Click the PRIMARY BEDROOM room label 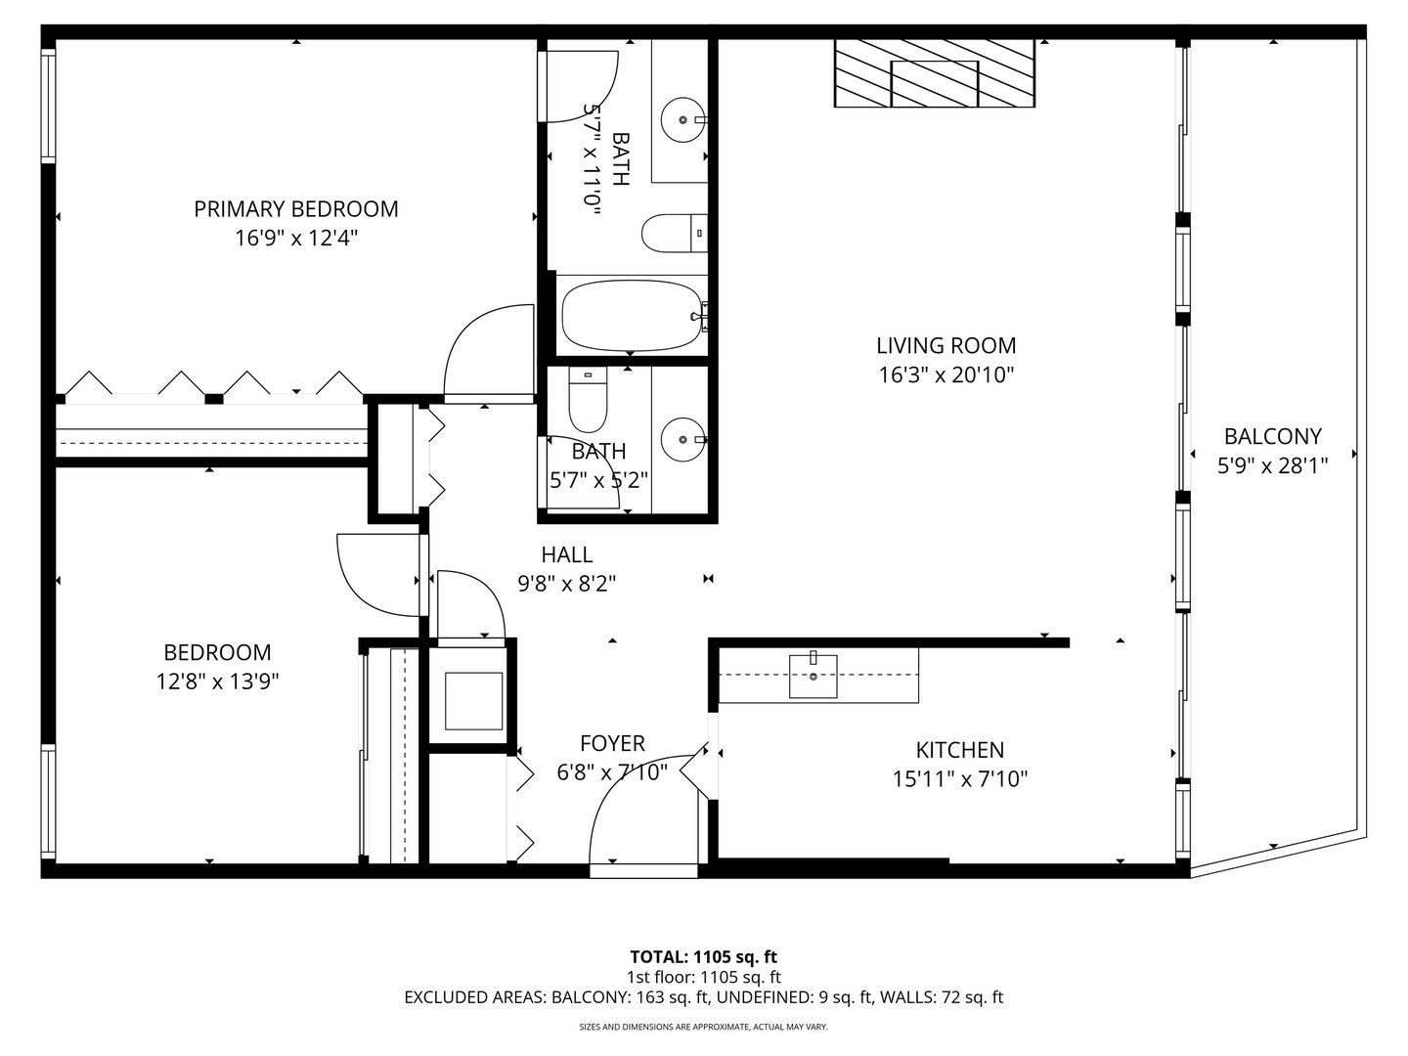pos(295,209)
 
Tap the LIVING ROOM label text pos(946,346)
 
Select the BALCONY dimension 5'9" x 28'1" pos(1272,466)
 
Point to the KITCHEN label pos(959,750)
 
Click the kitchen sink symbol pos(814,676)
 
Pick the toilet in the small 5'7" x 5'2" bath pos(589,401)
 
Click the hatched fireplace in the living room pos(934,73)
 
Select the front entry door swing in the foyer pos(640,812)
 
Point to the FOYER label pos(612,743)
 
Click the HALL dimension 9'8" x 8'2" pos(567,584)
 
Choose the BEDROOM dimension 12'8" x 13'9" pos(217,682)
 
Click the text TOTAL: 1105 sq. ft pos(703,956)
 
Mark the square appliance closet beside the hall pos(473,701)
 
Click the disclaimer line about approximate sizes pos(703,1028)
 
